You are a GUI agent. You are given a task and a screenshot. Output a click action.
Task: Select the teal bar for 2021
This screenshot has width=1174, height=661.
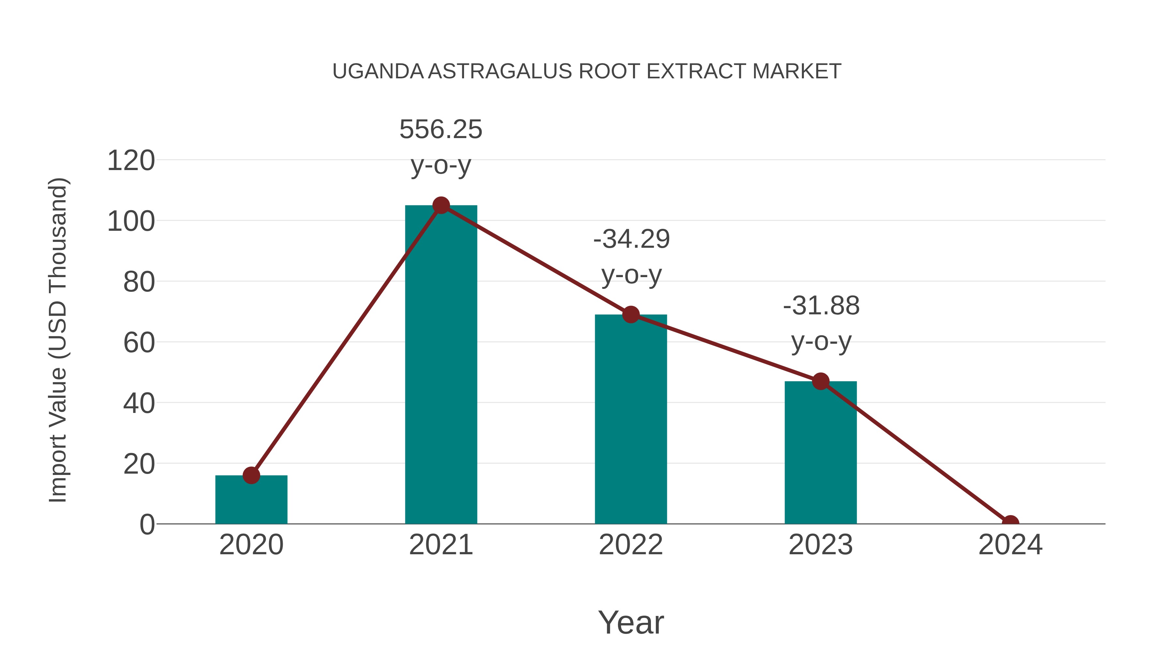[x=441, y=365]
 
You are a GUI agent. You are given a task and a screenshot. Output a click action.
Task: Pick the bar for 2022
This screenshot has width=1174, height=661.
[x=631, y=420]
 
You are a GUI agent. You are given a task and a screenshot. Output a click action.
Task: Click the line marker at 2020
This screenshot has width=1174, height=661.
[x=251, y=475]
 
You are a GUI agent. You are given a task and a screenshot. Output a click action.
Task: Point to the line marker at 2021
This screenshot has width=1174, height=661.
[x=441, y=206]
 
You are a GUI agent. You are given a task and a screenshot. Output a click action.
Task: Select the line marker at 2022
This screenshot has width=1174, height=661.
[x=631, y=314]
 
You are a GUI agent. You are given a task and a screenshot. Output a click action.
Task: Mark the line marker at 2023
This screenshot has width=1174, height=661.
[x=820, y=381]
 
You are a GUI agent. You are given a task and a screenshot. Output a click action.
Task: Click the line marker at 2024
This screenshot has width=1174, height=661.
[x=1010, y=523]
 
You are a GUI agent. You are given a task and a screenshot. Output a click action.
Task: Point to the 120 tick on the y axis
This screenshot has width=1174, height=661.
[x=131, y=161]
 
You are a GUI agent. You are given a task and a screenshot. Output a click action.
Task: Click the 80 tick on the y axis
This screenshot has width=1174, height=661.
[x=139, y=282]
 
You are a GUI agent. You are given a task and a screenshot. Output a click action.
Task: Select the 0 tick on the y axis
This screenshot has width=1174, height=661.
[x=147, y=525]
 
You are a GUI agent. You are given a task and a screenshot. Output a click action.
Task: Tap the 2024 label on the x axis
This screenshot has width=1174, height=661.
[x=1010, y=545]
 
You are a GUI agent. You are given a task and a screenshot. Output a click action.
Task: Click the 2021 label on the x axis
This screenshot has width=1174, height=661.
[x=441, y=545]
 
